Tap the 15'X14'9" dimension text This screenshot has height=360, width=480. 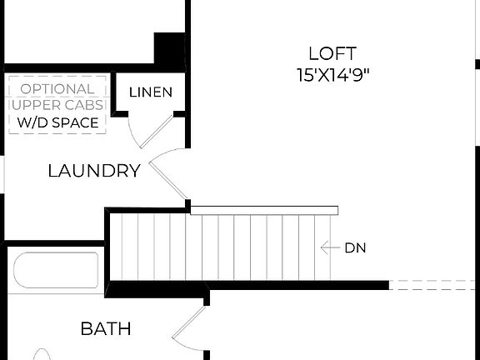pos(332,74)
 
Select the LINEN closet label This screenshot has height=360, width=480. pos(151,92)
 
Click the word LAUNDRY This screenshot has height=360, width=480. pos(93,171)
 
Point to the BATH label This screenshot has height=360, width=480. pos(105,328)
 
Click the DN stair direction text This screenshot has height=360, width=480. pos(355,247)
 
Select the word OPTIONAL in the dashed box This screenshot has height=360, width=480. pos(57,88)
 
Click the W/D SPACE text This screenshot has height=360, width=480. pos(57,122)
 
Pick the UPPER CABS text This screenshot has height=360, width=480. pos(57,105)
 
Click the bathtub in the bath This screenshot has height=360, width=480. pos(55,270)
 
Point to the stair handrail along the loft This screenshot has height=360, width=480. pos(264,210)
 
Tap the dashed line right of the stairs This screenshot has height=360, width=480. pos(433,285)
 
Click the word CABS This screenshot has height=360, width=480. pos(87,105)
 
